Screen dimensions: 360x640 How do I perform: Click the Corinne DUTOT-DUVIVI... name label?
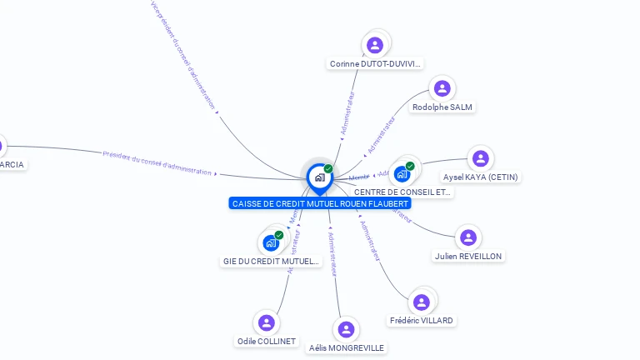pyautogui.click(x=376, y=63)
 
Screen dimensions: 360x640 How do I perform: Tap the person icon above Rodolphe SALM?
pyautogui.click(x=442, y=88)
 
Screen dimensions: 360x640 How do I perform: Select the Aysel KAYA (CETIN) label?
pyautogui.click(x=480, y=177)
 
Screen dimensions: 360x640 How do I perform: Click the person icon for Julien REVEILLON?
pyautogui.click(x=468, y=237)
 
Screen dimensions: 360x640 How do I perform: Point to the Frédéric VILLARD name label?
pyautogui.click(x=422, y=320)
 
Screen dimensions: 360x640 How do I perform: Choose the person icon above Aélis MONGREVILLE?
pyautogui.click(x=346, y=329)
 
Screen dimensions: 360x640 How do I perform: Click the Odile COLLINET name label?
pyautogui.click(x=267, y=341)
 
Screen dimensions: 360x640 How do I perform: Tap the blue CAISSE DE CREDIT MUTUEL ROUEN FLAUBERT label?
pyautogui.click(x=320, y=203)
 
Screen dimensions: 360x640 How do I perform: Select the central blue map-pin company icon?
pyautogui.click(x=319, y=177)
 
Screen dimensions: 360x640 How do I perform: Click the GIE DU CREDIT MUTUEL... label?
pyautogui.click(x=272, y=261)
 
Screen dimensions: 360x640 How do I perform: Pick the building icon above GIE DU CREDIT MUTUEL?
pyautogui.click(x=271, y=242)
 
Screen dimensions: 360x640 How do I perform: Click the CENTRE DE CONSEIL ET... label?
pyautogui.click(x=403, y=192)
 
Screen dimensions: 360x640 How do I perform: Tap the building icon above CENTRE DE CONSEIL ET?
pyautogui.click(x=402, y=173)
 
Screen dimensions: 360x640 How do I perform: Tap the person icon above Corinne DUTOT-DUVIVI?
pyautogui.click(x=375, y=45)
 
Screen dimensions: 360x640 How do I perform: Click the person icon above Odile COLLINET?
pyautogui.click(x=266, y=322)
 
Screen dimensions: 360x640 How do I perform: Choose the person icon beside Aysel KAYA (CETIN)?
pyautogui.click(x=480, y=158)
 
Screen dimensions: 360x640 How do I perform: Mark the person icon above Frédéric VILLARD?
pyautogui.click(x=422, y=302)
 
